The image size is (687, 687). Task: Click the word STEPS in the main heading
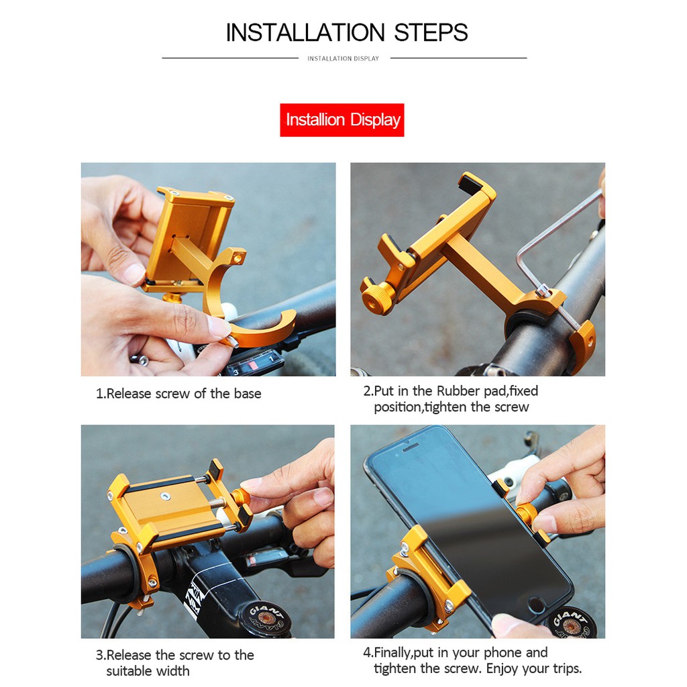(431, 33)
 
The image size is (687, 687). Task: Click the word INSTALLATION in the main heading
(305, 33)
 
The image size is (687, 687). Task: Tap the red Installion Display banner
(341, 119)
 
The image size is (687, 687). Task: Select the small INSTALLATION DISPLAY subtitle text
(343, 58)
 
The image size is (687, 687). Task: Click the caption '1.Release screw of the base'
(178, 393)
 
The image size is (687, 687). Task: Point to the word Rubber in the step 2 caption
(458, 391)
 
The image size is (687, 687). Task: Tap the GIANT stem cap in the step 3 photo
(266, 618)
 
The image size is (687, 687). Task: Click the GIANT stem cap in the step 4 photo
(570, 622)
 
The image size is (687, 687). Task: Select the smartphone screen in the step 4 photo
(469, 521)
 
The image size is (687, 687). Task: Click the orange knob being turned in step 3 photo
(241, 497)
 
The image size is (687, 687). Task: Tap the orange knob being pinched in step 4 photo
(526, 513)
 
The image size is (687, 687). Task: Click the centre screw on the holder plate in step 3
(165, 496)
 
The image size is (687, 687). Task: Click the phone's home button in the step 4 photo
(536, 605)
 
